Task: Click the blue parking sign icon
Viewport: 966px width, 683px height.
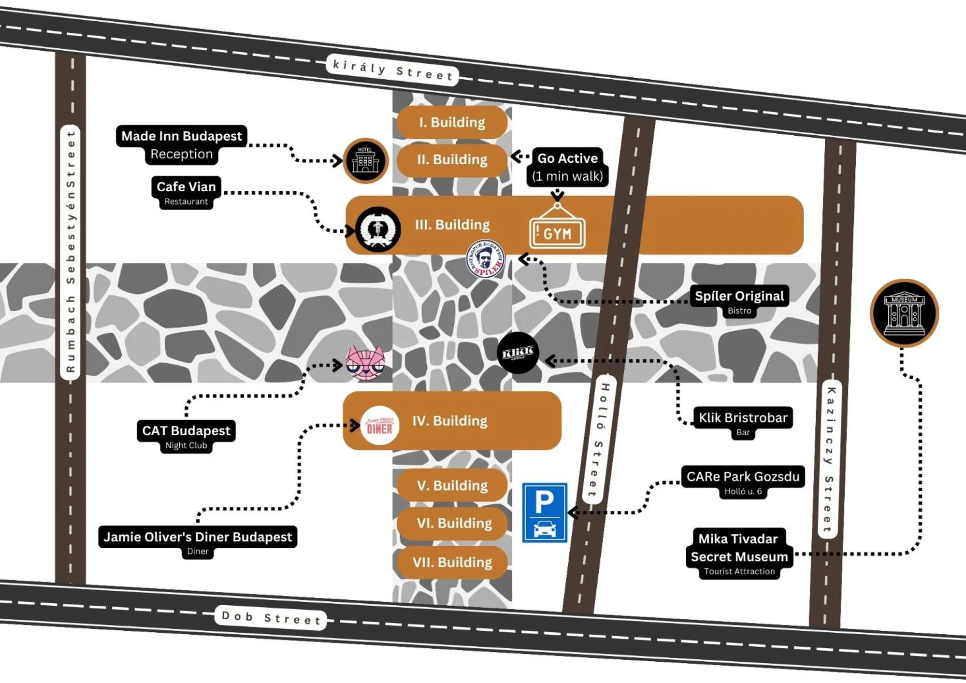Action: coord(544,512)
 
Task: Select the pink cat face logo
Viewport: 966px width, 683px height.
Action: coord(365,363)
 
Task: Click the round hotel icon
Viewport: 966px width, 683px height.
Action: coord(365,160)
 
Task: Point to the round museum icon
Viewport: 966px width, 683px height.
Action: coord(904,313)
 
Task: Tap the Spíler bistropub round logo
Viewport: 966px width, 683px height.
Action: coord(485,259)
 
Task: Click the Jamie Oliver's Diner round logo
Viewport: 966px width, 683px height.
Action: coord(379,425)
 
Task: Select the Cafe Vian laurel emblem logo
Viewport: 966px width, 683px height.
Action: coord(378,229)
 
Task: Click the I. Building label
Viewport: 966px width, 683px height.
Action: coord(452,122)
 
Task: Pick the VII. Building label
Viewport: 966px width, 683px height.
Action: coord(452,562)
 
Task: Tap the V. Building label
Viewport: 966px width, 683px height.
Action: coord(452,485)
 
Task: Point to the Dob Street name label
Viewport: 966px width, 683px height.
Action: coord(271,618)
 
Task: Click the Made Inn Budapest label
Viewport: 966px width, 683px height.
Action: coord(181,136)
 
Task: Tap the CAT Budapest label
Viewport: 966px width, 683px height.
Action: coord(186,431)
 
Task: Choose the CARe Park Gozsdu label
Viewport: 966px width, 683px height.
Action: coord(743,477)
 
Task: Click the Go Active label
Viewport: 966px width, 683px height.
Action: coord(567,158)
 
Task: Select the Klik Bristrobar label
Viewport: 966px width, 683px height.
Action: coord(743,418)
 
